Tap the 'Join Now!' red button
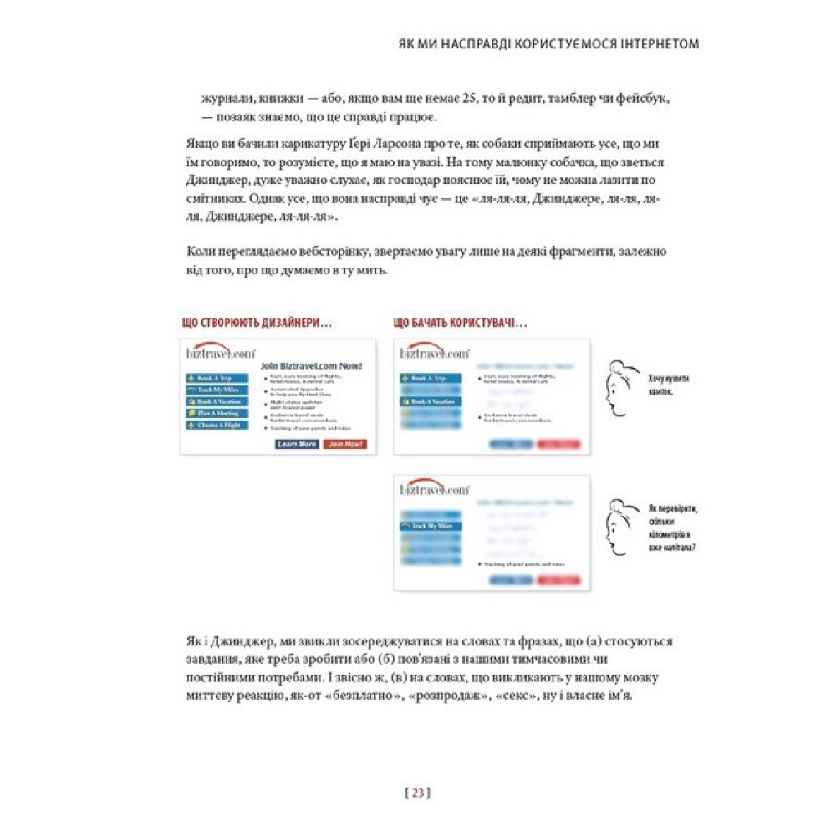click(345, 444)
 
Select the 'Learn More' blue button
click(297, 444)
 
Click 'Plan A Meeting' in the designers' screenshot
click(217, 413)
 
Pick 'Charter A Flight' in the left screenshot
click(217, 425)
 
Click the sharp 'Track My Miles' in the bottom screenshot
click(431, 526)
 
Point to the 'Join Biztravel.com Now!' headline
click(311, 365)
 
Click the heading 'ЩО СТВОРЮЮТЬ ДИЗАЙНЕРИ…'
click(252, 324)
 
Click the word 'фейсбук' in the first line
click(645, 99)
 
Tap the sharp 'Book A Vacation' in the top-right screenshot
click(431, 401)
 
